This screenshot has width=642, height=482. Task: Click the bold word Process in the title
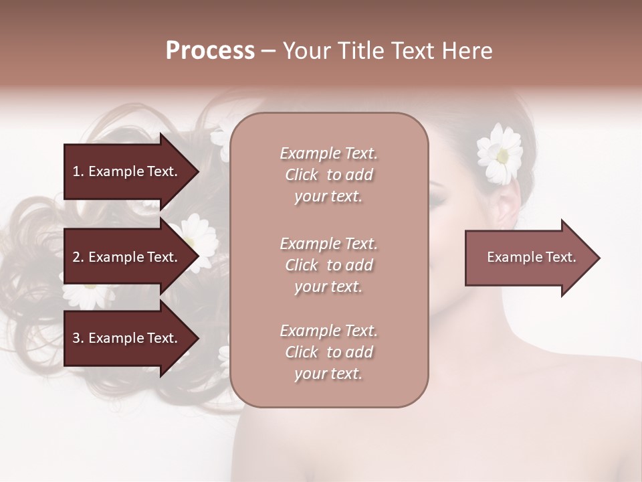pyautogui.click(x=210, y=51)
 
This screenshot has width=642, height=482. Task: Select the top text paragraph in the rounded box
pyautogui.click(x=328, y=175)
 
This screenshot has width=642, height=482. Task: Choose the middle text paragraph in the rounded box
pyautogui.click(x=328, y=265)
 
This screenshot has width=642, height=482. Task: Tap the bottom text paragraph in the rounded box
pyautogui.click(x=328, y=352)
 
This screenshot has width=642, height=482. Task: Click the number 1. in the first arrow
pyautogui.click(x=78, y=171)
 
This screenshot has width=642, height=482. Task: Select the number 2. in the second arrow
pyautogui.click(x=78, y=257)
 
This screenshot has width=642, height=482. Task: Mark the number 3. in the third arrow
pyautogui.click(x=78, y=338)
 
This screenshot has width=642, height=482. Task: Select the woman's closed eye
pyautogui.click(x=447, y=194)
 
